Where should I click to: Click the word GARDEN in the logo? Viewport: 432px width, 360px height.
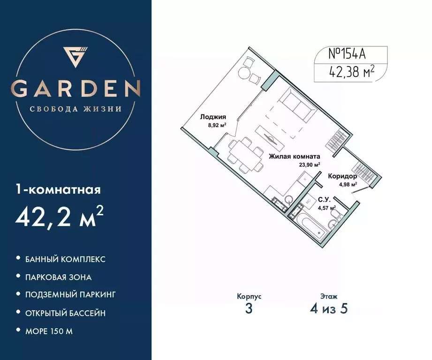(76, 88)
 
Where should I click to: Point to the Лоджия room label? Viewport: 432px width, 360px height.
(213, 117)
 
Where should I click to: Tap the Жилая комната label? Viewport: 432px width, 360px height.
(294, 157)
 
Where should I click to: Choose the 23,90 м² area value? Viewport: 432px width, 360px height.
(310, 165)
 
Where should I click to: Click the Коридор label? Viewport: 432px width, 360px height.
(342, 176)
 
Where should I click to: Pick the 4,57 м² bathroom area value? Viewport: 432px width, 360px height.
(327, 208)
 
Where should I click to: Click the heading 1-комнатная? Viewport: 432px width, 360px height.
(59, 190)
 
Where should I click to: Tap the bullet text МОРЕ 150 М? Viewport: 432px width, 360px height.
(50, 331)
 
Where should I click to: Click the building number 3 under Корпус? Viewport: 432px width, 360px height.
(249, 309)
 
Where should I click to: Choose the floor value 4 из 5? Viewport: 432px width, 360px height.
(328, 309)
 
